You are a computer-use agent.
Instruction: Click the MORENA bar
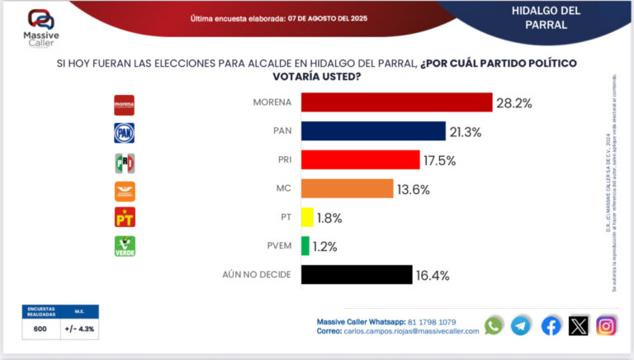pos(396,103)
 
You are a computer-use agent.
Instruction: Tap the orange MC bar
pos(347,189)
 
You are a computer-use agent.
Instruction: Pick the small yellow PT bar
pos(307,218)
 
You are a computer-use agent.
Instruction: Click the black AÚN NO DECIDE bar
pos(357,275)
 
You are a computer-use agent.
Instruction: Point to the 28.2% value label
pos(514,103)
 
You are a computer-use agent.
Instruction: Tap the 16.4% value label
pos(433,276)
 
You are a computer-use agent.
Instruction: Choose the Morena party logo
pos(124,104)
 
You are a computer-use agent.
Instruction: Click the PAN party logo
pos(124,133)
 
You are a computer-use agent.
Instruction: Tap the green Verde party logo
pos(124,246)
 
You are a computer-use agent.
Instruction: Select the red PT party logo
pos(124,218)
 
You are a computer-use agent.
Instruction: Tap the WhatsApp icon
pos(494,325)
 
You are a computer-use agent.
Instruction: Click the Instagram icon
pos(606,325)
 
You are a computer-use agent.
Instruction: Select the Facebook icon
pos(551,325)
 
